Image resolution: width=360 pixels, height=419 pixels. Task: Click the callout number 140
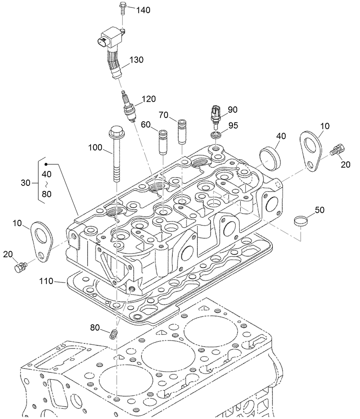point(143,11)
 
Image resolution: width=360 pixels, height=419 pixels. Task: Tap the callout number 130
point(136,60)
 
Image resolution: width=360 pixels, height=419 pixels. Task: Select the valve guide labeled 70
point(182,131)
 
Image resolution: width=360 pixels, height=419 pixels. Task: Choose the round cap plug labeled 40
point(270,156)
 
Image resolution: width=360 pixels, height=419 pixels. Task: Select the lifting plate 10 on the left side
point(42,241)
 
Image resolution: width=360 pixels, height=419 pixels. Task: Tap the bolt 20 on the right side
point(337,150)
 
